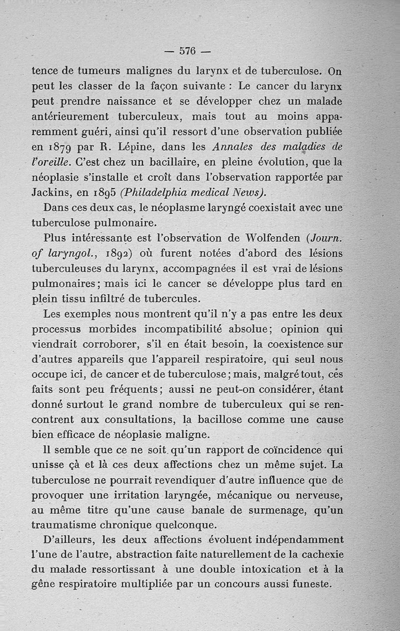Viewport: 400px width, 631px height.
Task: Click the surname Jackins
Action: pos(50,193)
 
